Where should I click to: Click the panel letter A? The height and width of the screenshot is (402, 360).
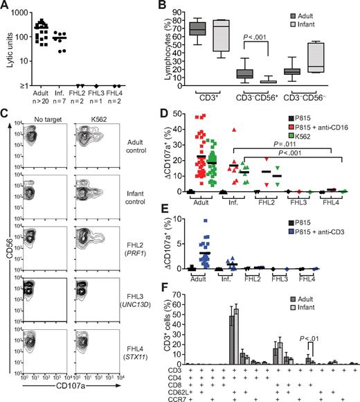pos(6,6)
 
